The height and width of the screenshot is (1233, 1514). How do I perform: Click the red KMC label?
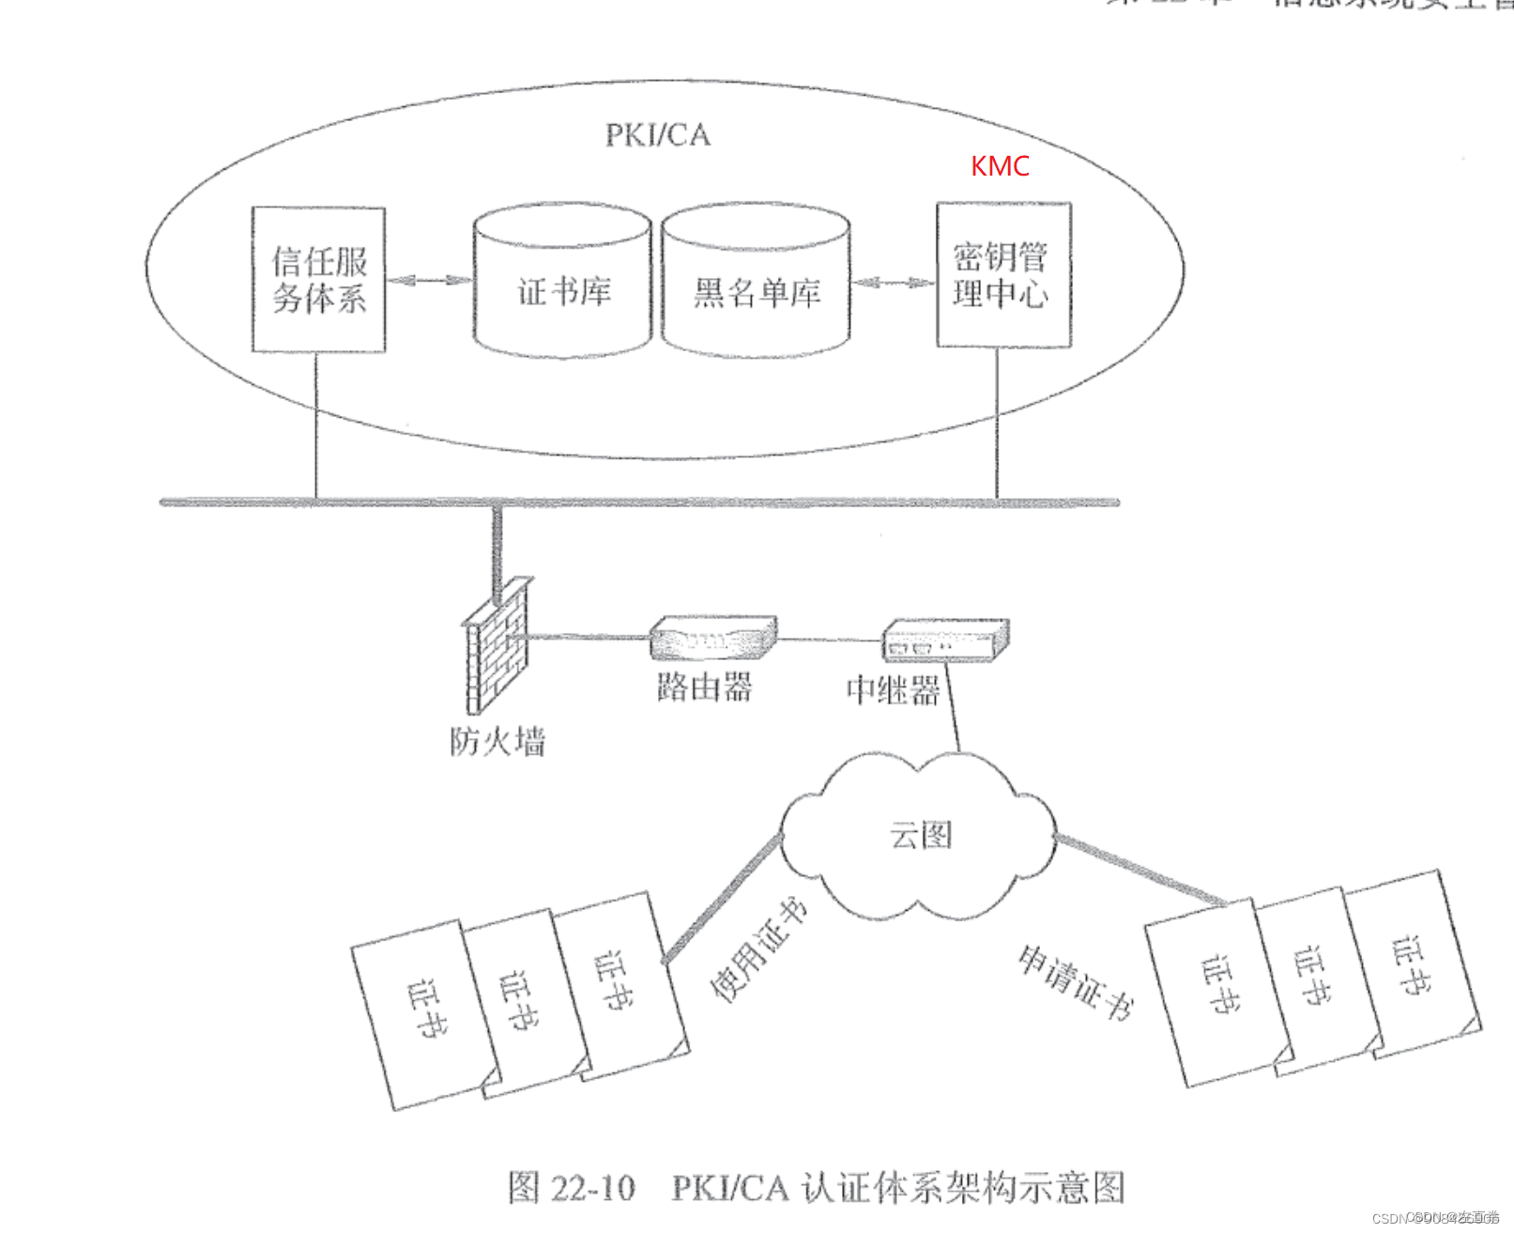1000,166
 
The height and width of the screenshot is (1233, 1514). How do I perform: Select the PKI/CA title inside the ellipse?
657,135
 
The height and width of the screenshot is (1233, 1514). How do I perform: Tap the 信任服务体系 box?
319,280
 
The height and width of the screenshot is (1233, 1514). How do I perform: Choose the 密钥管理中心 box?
1003,275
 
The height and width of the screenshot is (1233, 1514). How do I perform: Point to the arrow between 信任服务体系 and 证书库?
429,280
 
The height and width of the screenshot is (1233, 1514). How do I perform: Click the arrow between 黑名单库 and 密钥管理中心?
893,282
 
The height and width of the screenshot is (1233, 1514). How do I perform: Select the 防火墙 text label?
497,742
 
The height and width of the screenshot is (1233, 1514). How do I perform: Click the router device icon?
713,638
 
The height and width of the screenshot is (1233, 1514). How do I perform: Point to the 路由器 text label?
704,687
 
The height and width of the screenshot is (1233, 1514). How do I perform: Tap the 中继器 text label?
893,691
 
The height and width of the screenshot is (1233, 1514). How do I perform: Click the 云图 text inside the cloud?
921,834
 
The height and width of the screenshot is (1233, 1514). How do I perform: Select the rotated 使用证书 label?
758,948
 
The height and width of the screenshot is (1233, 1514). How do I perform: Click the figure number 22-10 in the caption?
592,1188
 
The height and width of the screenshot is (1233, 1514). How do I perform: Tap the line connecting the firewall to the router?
588,638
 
